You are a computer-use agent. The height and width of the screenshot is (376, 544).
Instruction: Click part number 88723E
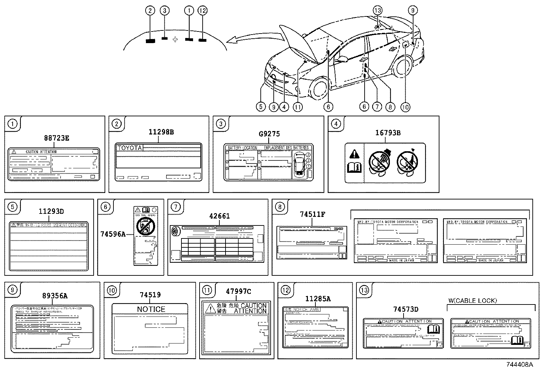[x=57, y=138]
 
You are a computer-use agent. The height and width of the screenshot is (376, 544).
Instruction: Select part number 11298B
[x=161, y=132]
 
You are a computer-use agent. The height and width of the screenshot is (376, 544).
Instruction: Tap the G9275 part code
[x=269, y=134]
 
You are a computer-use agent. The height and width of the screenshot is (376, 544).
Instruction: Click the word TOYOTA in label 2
[x=129, y=148]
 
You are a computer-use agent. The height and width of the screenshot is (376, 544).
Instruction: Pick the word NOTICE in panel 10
[x=151, y=309]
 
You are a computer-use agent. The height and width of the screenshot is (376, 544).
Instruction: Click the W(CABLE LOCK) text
[x=473, y=301]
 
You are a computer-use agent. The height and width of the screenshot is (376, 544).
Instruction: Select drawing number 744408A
[x=519, y=365]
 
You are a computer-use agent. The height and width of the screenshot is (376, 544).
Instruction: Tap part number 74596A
[x=113, y=234]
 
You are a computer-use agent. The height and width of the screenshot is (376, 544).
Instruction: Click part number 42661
[x=220, y=216]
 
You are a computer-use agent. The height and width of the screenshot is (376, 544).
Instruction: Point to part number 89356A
[x=55, y=296]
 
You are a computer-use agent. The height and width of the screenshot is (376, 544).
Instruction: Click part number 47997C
[x=239, y=291]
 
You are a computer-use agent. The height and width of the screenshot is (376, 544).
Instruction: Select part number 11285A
[x=318, y=299]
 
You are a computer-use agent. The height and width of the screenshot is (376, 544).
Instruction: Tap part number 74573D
[x=406, y=309]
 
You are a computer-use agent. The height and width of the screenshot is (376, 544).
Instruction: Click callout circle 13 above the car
[x=377, y=11]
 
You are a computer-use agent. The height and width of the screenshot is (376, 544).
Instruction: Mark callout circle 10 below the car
[x=405, y=107]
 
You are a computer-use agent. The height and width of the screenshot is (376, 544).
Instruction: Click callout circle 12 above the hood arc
[x=203, y=11]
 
